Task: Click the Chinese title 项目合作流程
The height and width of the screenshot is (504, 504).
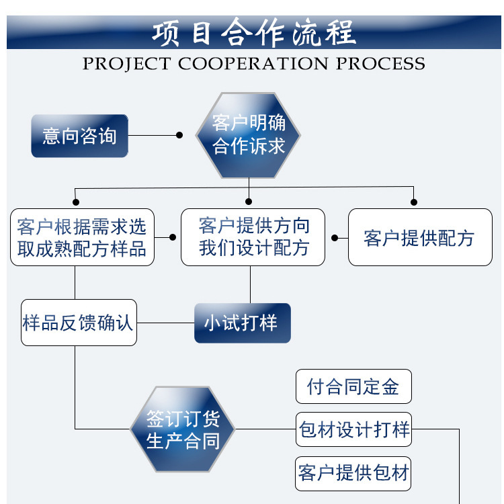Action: (x=253, y=33)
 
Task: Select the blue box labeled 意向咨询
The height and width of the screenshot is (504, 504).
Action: (x=79, y=136)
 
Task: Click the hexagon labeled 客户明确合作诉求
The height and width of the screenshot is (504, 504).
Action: (x=249, y=135)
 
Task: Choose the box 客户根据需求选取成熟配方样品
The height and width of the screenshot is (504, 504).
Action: (x=82, y=237)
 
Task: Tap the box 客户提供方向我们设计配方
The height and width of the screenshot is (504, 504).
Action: (x=253, y=237)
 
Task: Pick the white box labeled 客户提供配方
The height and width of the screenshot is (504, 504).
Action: (x=419, y=237)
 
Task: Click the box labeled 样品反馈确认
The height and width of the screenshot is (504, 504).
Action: (x=79, y=323)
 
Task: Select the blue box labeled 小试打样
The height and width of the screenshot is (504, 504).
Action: (x=243, y=323)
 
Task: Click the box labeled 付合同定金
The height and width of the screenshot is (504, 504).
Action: (x=353, y=386)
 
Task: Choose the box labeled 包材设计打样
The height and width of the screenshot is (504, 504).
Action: (x=353, y=429)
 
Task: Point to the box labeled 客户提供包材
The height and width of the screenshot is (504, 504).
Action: (x=353, y=472)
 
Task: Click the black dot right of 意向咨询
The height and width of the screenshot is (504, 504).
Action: (x=179, y=135)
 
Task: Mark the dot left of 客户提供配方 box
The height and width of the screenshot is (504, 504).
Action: (x=335, y=237)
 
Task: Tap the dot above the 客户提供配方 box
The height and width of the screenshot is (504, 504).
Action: (x=414, y=202)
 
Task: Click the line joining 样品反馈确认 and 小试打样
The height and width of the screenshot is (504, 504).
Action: (x=165, y=323)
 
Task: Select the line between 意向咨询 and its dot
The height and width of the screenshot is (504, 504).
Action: (x=153, y=135)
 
